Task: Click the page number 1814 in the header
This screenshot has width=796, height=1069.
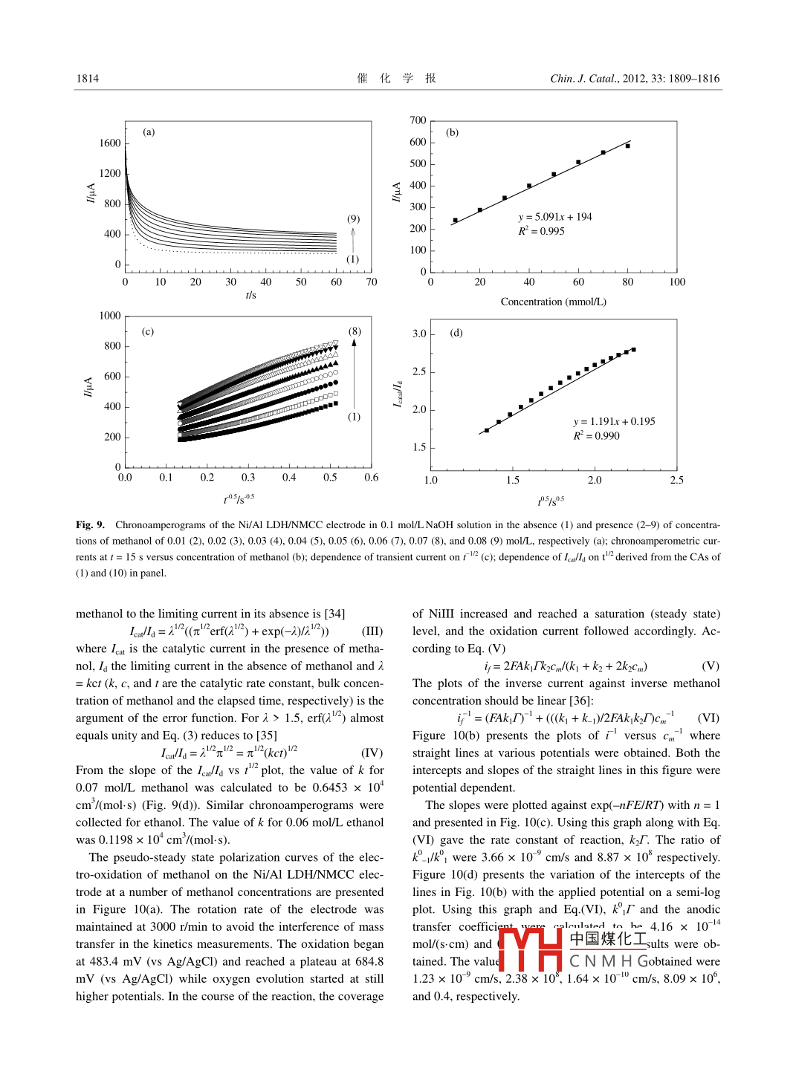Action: click(x=87, y=79)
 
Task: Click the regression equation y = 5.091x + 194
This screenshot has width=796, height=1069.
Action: click(x=555, y=217)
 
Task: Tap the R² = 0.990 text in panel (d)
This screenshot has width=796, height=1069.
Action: click(x=596, y=436)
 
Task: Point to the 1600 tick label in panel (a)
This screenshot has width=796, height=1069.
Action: click(x=110, y=143)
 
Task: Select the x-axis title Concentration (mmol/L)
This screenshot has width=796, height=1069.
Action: click(x=553, y=302)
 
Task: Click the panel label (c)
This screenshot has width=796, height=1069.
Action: click(x=148, y=331)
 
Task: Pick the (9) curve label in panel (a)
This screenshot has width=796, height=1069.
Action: click(x=353, y=219)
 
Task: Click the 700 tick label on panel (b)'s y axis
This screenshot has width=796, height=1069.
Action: click(x=418, y=120)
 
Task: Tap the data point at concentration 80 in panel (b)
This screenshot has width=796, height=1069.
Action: click(x=628, y=146)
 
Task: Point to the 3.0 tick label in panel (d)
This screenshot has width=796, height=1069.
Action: click(x=419, y=334)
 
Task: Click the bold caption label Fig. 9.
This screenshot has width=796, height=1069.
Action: click(x=90, y=524)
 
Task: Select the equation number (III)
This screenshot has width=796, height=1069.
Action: click(x=372, y=631)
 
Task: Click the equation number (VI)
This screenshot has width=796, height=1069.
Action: click(x=708, y=718)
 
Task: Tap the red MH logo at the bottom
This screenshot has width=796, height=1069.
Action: click(x=530, y=949)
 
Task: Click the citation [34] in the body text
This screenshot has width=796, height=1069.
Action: click(x=334, y=614)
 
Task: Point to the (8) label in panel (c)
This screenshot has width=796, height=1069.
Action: click(x=355, y=331)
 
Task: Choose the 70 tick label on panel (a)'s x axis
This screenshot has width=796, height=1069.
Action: click(x=372, y=282)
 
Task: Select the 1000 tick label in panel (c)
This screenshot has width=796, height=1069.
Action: click(x=109, y=316)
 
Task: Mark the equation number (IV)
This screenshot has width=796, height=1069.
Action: click(x=372, y=753)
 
